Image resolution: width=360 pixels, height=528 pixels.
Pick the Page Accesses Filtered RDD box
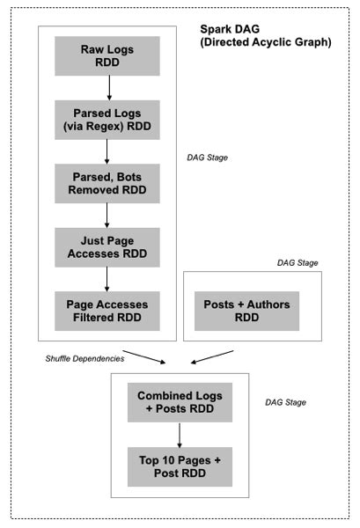point(107,309)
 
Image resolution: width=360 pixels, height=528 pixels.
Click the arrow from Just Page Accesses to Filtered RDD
point(108,276)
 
